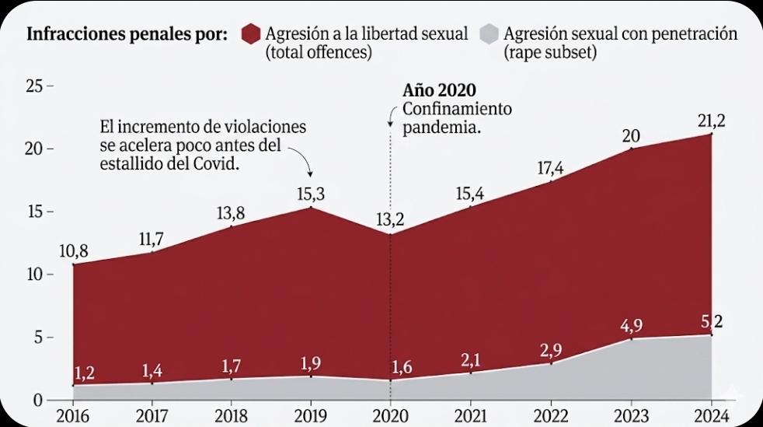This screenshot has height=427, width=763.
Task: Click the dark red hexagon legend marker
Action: point(250,35)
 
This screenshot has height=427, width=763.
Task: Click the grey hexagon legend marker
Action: point(488,35)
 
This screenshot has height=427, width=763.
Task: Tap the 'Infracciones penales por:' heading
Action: point(127,35)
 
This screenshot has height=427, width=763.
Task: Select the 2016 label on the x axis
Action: point(73,415)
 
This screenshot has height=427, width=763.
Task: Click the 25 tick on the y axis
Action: point(34,86)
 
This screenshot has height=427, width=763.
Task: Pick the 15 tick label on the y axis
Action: point(34,212)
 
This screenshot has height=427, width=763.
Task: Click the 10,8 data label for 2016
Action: point(73,250)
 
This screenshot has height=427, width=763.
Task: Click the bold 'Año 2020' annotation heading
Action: point(439,89)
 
